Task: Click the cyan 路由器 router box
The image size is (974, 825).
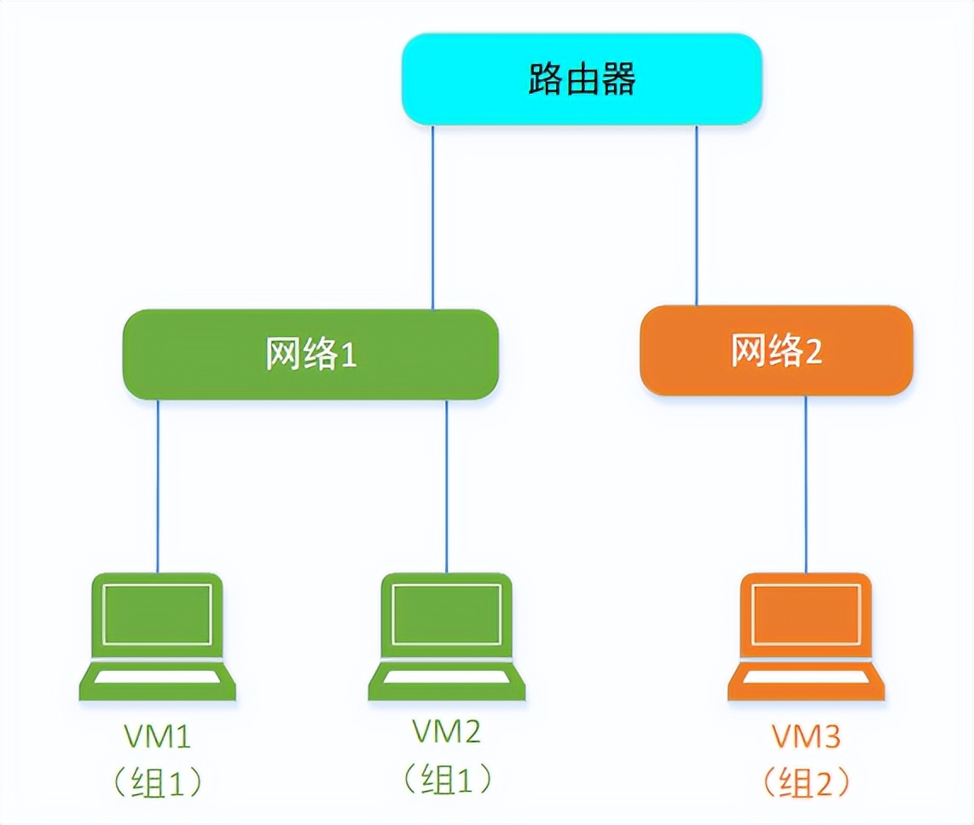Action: coord(582,79)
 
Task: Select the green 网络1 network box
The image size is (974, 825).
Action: coord(310,354)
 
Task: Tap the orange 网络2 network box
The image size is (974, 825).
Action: coord(776,350)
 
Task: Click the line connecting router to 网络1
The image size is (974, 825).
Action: coord(432,217)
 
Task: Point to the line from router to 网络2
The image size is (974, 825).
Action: coord(697,215)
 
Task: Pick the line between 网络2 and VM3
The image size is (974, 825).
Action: coord(806,483)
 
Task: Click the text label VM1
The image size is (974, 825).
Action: coord(158,735)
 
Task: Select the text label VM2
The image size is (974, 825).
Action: coord(447,731)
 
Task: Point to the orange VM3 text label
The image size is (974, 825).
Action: coord(807,735)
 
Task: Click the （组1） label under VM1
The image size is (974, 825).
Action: coord(158,781)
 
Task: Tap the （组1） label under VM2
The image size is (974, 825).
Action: coord(447,777)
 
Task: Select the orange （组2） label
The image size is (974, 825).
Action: coord(807,781)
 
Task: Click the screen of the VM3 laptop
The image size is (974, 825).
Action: coord(807,614)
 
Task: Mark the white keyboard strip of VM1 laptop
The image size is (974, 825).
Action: coord(158,677)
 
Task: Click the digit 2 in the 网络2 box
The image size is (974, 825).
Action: coord(813,353)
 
